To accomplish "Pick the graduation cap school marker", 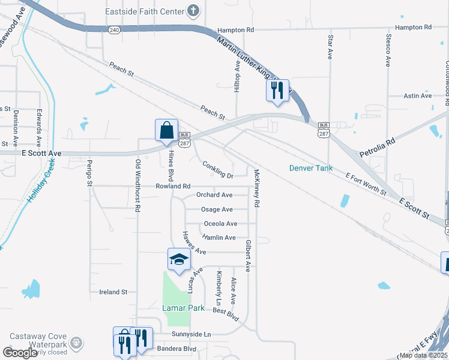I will pyautogui.click(x=178, y=259).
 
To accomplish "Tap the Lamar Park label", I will pyautogui.click(x=184, y=308).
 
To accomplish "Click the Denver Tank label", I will pyautogui.click(x=311, y=168).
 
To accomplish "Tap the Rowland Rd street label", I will pyautogui.click(x=173, y=186).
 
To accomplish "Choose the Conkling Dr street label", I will pyautogui.click(x=217, y=170).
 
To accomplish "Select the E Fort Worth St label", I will pyautogui.click(x=366, y=184).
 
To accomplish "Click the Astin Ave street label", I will pyautogui.click(x=418, y=95).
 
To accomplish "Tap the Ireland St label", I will pyautogui.click(x=113, y=292).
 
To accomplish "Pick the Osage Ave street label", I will pyautogui.click(x=217, y=209).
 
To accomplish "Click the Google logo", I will pyautogui.click(x=20, y=353).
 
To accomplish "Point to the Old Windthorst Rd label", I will pyautogui.click(x=138, y=185).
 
